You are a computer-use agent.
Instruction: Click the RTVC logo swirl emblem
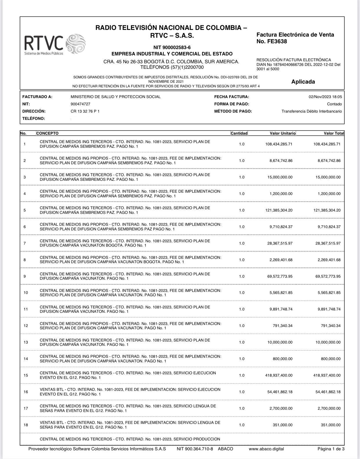pos(76,44)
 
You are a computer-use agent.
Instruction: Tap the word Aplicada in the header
pos(303,82)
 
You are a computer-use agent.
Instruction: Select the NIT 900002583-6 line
pos(172,47)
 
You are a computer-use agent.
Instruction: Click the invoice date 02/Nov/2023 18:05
pos(325,97)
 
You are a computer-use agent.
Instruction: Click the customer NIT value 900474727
pos(80,104)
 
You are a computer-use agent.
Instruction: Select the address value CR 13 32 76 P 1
pos(85,111)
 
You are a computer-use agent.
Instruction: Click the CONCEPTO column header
pos(47,133)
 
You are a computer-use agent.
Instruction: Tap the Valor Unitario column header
pos(283,133)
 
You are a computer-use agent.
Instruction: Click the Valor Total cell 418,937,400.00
pos(327,375)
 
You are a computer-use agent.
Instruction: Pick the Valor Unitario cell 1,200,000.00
pos(281,194)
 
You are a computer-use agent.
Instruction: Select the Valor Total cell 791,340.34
pos(331,326)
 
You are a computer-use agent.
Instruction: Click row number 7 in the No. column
pos(25,243)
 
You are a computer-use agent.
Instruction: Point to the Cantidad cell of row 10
pos(242,293)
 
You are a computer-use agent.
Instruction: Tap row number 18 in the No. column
pos(26,425)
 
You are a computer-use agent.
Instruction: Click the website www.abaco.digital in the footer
pos(266,449)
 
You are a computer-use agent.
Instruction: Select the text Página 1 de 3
pos(331,449)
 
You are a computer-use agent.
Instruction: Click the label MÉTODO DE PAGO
pos(233,111)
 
